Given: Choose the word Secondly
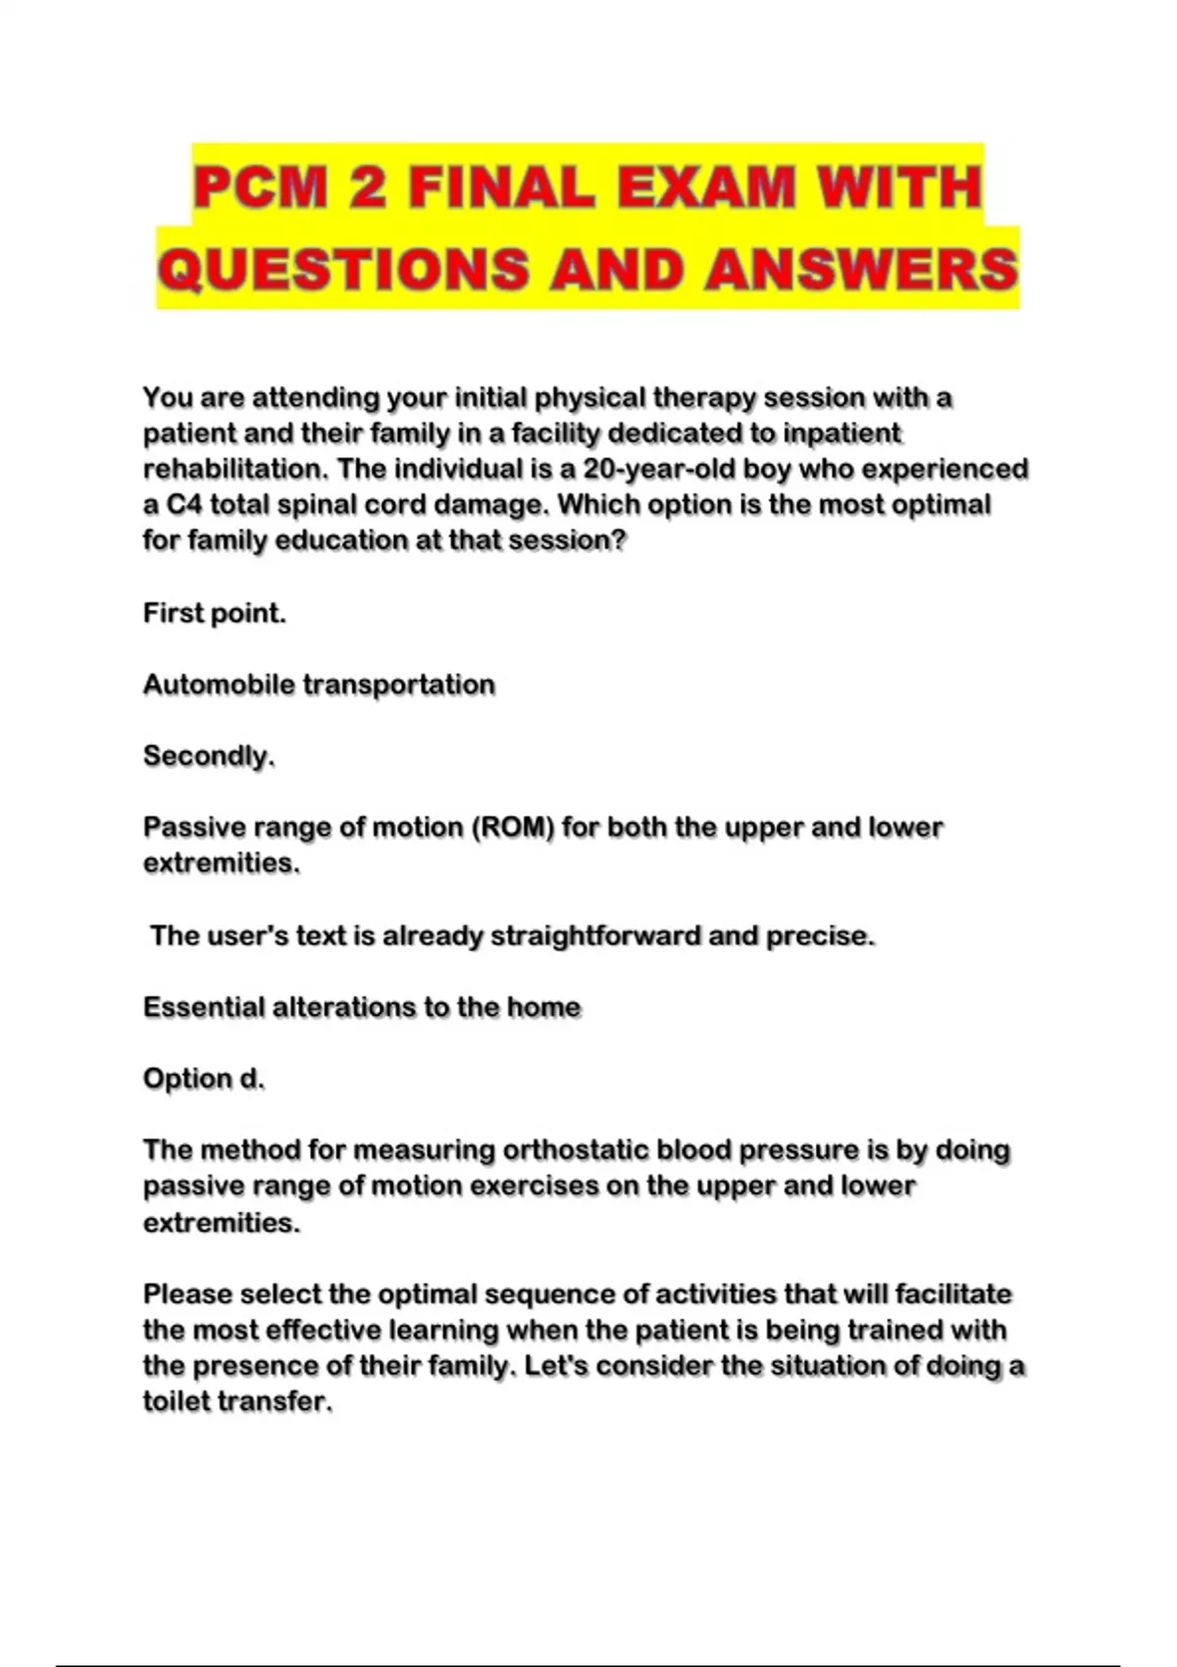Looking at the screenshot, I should [209, 756].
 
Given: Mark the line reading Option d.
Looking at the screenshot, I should [204, 1079].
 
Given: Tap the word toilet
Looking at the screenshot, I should [176, 1401].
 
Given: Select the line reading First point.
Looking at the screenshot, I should [214, 613].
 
